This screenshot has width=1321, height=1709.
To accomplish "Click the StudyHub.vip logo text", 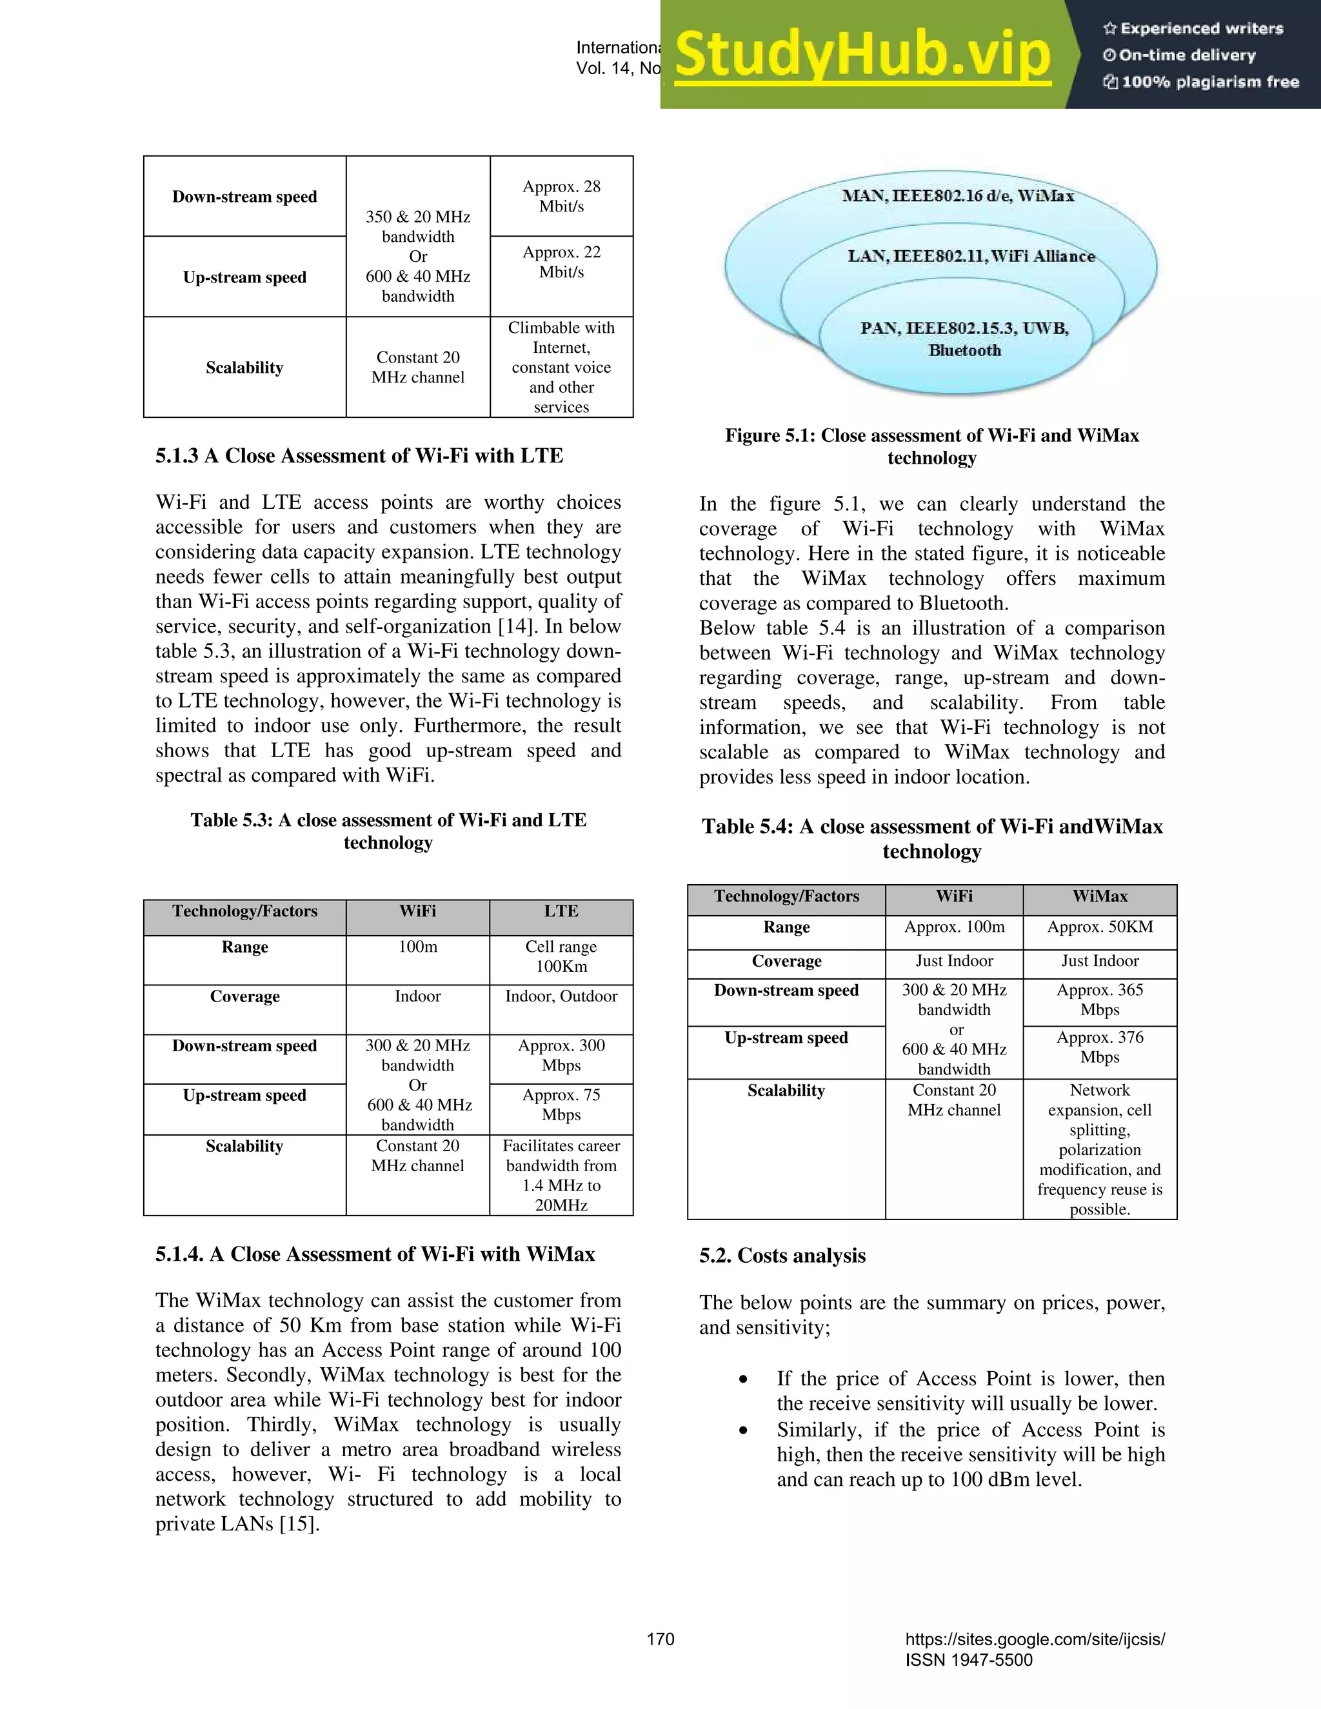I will [862, 55].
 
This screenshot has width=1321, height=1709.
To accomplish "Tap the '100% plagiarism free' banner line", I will [1201, 82].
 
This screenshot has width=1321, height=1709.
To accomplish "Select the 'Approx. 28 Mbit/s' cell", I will [561, 197].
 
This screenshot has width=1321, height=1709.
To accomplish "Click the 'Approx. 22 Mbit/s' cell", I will [561, 262].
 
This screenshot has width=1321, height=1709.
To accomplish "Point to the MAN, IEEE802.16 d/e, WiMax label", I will [958, 195].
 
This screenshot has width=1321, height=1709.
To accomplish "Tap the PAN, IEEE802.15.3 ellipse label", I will [964, 339].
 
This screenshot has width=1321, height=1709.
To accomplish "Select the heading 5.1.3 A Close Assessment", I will [359, 455].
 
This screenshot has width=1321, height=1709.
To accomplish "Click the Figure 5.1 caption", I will [931, 446].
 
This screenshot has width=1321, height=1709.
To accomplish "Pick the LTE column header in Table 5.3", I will [561, 911].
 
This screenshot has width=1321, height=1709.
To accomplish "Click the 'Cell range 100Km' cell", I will [561, 956].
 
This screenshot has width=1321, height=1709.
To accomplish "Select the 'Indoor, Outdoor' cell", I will [561, 996].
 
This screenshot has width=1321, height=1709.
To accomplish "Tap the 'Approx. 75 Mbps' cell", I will [561, 1104].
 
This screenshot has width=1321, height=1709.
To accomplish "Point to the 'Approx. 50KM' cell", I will [1100, 927].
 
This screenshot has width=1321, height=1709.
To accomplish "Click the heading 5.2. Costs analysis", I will [782, 1255].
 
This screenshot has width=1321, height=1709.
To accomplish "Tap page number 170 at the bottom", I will [660, 1639].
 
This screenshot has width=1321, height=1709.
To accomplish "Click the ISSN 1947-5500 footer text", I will [969, 1660].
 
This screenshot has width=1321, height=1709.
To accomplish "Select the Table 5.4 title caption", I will [931, 838].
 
